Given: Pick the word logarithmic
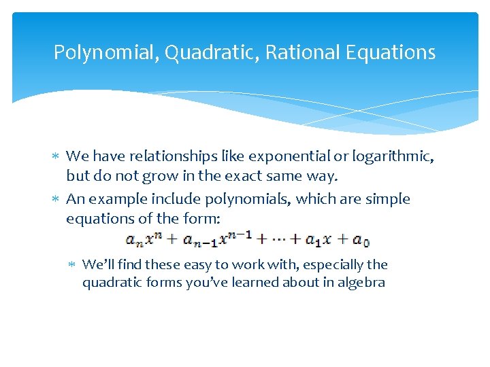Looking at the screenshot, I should pyautogui.click(x=389, y=157).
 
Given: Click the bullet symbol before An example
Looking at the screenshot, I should pyautogui.click(x=56, y=200).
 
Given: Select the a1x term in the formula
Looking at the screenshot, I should pyautogui.click(x=317, y=239).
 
